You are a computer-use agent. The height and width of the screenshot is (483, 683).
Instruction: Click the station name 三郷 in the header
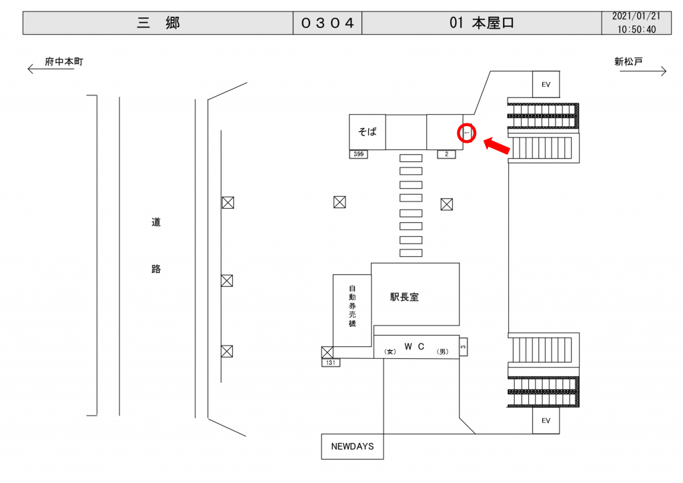click(158, 23)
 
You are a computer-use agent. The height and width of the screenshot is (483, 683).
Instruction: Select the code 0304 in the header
click(327, 23)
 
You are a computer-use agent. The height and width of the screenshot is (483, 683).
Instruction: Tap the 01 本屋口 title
click(482, 23)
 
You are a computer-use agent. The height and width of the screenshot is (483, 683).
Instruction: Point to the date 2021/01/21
click(636, 17)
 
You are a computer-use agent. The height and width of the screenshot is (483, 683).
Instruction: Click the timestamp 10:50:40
click(636, 29)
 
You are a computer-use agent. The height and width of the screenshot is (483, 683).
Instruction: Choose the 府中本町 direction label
click(64, 62)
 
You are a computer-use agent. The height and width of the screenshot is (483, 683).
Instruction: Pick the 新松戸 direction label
click(628, 62)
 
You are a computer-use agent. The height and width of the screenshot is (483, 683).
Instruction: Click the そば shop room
click(368, 131)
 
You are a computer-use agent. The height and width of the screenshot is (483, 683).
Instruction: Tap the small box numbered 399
click(358, 154)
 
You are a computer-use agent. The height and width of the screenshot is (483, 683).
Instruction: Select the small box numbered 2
click(446, 154)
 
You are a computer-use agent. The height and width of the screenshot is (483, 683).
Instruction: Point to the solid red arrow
click(498, 145)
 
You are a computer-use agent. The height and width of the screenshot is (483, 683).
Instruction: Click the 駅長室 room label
click(405, 297)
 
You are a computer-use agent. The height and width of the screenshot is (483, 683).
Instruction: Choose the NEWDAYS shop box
click(353, 446)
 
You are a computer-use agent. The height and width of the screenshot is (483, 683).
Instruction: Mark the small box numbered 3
click(464, 346)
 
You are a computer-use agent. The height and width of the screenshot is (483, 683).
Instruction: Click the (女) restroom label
click(391, 352)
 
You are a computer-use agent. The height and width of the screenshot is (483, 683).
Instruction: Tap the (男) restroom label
click(442, 352)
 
